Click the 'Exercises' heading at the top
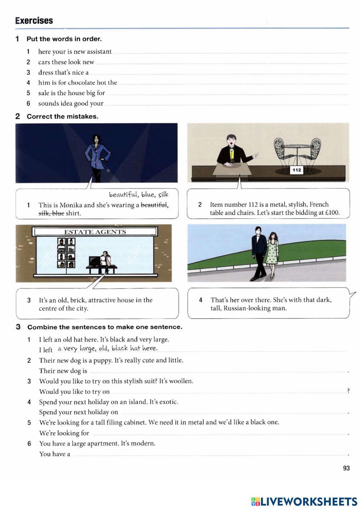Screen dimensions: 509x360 [34, 21]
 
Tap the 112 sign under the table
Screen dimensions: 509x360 [297, 170]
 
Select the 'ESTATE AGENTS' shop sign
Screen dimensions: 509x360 [95, 232]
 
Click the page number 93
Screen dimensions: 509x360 [346, 468]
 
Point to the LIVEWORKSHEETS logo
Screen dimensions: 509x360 [304, 501]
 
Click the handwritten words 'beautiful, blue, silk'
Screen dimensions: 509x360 [139, 195]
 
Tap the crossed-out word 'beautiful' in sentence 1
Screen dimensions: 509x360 [154, 205]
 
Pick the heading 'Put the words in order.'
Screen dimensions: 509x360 [64, 39]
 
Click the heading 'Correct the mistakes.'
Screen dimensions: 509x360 [62, 116]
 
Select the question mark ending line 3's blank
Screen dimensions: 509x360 [348, 391]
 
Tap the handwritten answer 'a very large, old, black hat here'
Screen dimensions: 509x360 [107, 348]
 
